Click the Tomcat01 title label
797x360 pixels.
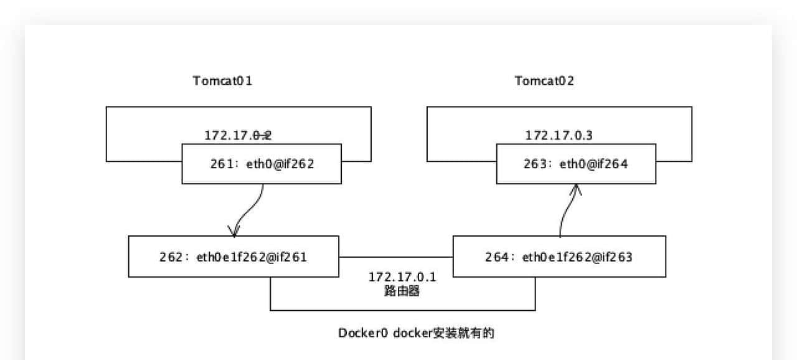222,81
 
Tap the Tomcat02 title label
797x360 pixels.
544,81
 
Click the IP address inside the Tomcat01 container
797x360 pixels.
238,135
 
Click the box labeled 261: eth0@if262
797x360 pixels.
262,164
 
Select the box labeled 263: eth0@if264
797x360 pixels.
576,164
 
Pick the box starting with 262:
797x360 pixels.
233,256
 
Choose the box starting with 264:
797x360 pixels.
559,256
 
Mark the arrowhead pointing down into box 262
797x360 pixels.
233,231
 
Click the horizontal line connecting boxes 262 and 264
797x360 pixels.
396,257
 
